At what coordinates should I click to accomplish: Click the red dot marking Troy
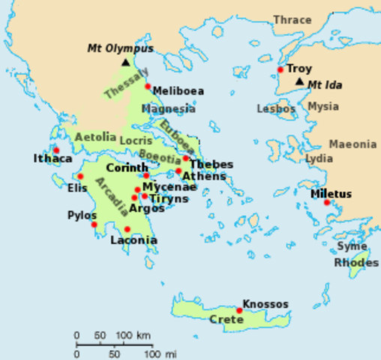click(280, 70)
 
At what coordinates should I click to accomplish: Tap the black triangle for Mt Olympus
click(125, 64)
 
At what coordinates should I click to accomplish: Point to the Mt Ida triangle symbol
click(299, 81)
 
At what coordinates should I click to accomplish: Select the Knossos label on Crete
click(265, 304)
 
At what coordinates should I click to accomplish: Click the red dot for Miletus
click(327, 202)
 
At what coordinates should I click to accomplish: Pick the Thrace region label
click(292, 19)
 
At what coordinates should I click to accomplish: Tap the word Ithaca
click(52, 158)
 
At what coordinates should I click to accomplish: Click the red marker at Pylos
click(94, 224)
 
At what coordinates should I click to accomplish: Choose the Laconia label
click(133, 241)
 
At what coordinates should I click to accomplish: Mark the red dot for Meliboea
click(148, 86)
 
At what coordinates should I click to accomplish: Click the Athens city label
click(204, 176)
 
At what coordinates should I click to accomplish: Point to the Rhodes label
click(356, 262)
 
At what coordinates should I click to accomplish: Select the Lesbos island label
click(276, 108)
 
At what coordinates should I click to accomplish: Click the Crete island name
click(226, 319)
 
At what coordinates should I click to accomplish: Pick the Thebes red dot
click(185, 158)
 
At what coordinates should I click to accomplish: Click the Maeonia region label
click(352, 144)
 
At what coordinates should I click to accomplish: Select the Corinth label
click(127, 168)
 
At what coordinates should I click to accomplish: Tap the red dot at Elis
click(80, 176)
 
